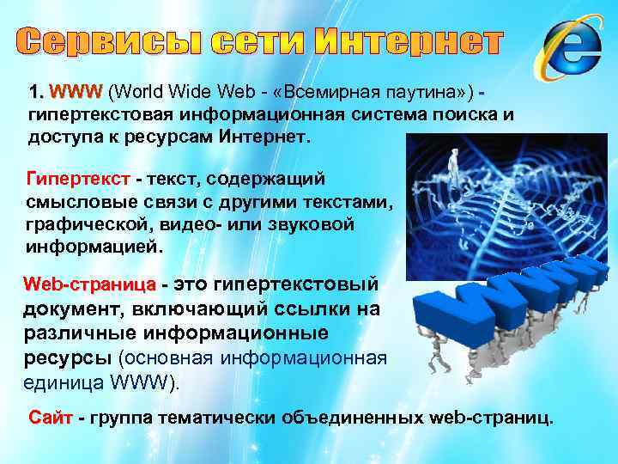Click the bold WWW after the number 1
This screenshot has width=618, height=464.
[x=76, y=92]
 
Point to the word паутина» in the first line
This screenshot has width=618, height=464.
[x=427, y=92]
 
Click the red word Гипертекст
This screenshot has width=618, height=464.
[x=78, y=179]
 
